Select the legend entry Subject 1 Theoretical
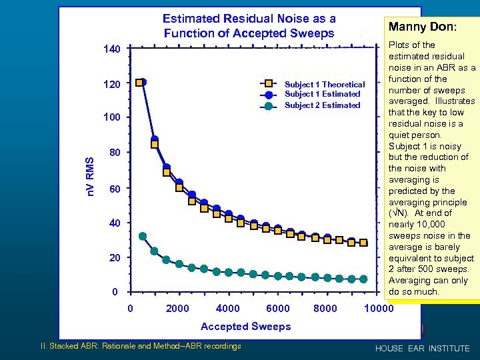click(x=325, y=84)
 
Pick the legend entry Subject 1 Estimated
click(x=322, y=94)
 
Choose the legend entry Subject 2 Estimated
click(x=322, y=105)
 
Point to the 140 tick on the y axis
click(x=111, y=50)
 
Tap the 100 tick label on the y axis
click(x=111, y=118)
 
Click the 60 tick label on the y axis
click(x=114, y=189)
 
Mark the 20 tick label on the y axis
click(x=114, y=257)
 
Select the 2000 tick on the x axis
click(x=177, y=309)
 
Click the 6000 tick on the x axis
click(x=278, y=309)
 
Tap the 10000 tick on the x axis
click(x=379, y=309)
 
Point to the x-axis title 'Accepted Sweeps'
click(x=246, y=326)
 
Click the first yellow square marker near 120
click(x=139, y=83)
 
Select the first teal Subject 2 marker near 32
click(x=143, y=236)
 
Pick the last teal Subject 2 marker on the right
click(x=363, y=279)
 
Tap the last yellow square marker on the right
click(x=363, y=243)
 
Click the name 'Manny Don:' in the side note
click(x=431, y=28)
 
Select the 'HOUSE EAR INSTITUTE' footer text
click(x=422, y=349)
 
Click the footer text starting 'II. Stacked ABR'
click(x=141, y=345)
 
